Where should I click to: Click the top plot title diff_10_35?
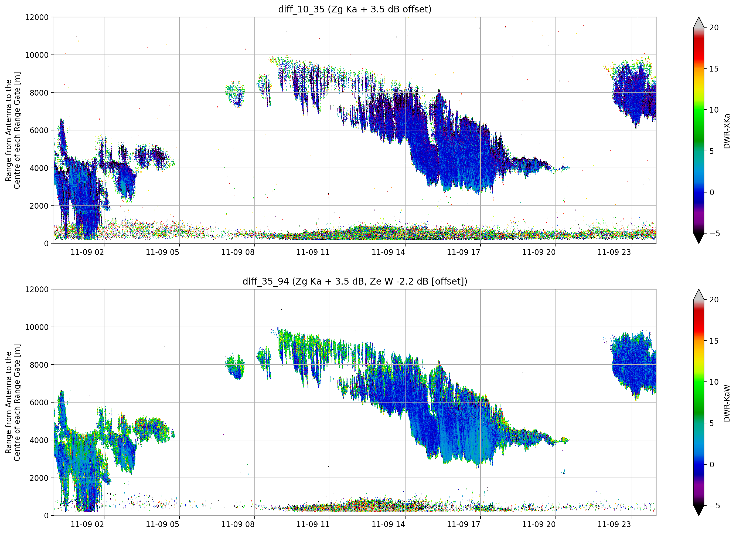(301, 9)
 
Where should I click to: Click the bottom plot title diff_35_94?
(266, 282)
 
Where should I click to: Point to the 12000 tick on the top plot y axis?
(37, 17)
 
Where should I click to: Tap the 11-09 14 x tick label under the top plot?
(388, 252)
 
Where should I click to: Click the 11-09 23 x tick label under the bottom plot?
(614, 525)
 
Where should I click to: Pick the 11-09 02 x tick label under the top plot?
(87, 252)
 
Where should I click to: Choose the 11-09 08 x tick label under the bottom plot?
(238, 525)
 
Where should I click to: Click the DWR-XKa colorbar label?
(727, 131)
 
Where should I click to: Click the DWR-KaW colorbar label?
(727, 403)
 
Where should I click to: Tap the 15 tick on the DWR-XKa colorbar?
(714, 69)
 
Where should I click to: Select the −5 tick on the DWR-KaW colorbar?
(713, 506)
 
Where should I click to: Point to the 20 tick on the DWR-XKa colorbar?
(714, 28)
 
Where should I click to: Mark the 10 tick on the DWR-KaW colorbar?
(714, 382)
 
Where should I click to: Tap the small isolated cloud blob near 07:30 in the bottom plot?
(235, 366)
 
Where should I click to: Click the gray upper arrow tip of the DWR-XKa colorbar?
(699, 18)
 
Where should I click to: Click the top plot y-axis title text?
(13, 130)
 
